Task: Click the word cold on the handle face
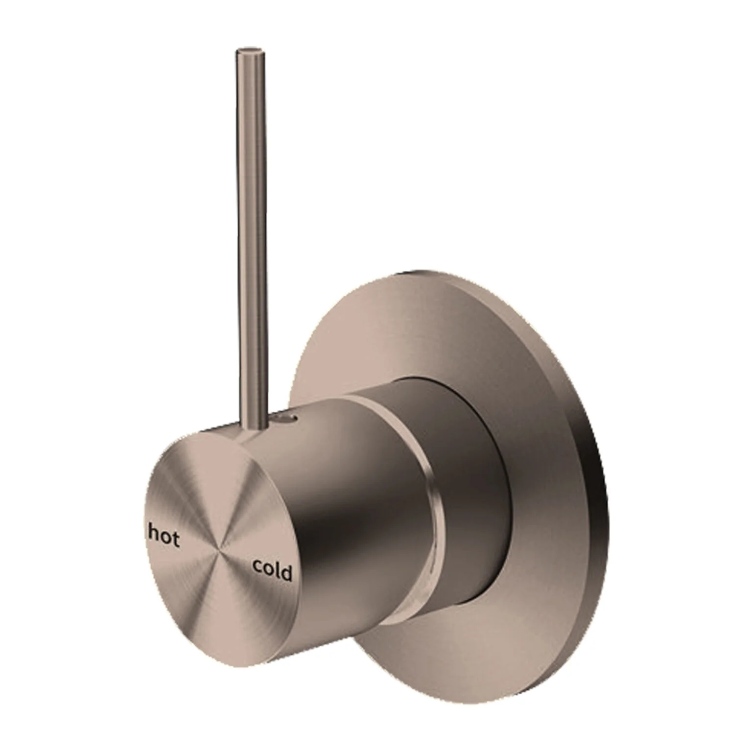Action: click(x=272, y=570)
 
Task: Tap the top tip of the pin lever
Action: click(x=250, y=51)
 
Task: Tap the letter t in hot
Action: click(x=175, y=540)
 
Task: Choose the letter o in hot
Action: click(x=165, y=538)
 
